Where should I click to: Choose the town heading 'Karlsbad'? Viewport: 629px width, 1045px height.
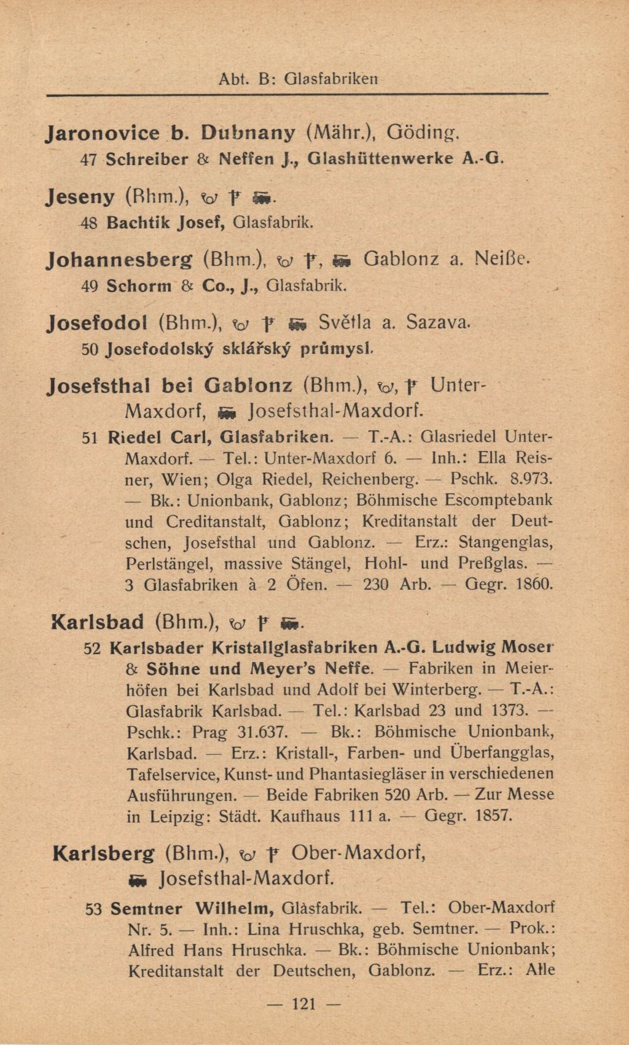pos(98,622)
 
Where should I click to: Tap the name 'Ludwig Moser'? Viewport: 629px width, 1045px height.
pos(493,647)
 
